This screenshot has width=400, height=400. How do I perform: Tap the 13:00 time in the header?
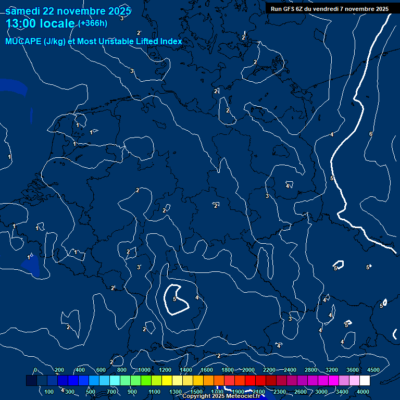tap(23, 23)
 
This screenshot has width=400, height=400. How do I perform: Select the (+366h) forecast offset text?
tap(93, 23)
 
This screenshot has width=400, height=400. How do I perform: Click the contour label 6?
tap(371, 134)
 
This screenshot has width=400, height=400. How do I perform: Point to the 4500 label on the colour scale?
tap(373, 370)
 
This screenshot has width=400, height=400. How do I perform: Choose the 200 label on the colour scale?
tap(59, 370)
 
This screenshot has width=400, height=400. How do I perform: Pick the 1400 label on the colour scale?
tap(186, 370)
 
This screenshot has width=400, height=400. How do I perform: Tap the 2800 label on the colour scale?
tap(311, 370)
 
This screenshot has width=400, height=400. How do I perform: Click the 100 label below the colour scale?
tap(49, 392)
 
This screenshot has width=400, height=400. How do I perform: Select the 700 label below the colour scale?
tap(111, 392)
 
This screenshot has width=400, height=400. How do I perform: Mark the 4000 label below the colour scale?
tap(364, 392)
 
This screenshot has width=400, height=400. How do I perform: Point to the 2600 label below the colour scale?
tap(301, 392)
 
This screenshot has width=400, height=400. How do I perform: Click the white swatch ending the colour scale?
tap(365, 381)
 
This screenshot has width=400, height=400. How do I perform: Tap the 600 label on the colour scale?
tap(101, 370)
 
